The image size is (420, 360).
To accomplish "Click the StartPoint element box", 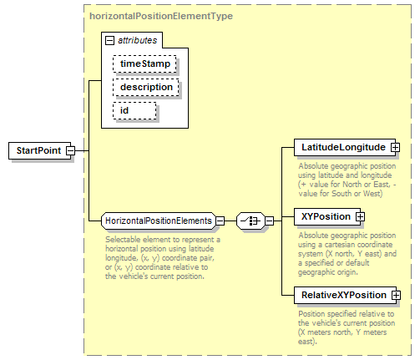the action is pyautogui.click(x=40, y=150).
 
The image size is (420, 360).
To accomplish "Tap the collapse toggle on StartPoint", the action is pyautogui.click(x=71, y=150).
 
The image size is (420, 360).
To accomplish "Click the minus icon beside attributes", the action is pyautogui.click(x=109, y=41).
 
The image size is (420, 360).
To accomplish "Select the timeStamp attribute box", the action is pyautogui.click(x=144, y=63).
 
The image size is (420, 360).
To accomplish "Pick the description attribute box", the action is pyautogui.click(x=146, y=87).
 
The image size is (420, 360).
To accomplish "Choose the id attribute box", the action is pyautogui.click(x=134, y=110).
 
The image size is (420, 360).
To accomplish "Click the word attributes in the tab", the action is pyautogui.click(x=138, y=40).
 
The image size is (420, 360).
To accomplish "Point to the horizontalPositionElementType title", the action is pyautogui.click(x=161, y=16).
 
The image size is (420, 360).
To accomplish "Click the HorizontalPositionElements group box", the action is pyautogui.click(x=159, y=221).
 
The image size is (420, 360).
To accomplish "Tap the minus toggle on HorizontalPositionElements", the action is pyautogui.click(x=220, y=221).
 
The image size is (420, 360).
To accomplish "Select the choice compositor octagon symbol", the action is pyautogui.click(x=250, y=221).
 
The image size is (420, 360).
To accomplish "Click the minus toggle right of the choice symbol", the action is pyautogui.click(x=270, y=221).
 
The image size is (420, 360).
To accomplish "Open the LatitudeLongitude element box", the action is pyautogui.click(x=345, y=147).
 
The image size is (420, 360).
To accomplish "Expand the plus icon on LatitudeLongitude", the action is pyautogui.click(x=395, y=147).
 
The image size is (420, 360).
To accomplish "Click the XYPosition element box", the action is pyautogui.click(x=327, y=216).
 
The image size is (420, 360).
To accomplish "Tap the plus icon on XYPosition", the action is pyautogui.click(x=360, y=216).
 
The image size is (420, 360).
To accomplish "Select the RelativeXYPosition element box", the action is pyautogui.click(x=345, y=295).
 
